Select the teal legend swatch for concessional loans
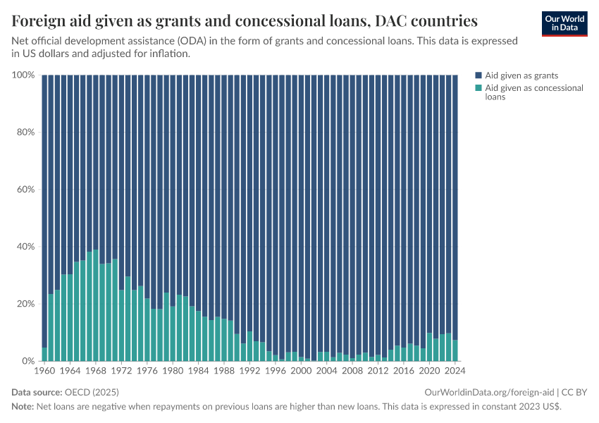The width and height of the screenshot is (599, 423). [478, 88]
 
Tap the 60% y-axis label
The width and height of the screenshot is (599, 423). [26, 190]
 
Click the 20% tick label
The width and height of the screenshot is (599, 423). [26, 304]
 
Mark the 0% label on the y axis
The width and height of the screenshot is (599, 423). [29, 361]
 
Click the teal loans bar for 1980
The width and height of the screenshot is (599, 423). [173, 333]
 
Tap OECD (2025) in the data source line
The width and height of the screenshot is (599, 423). [92, 392]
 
